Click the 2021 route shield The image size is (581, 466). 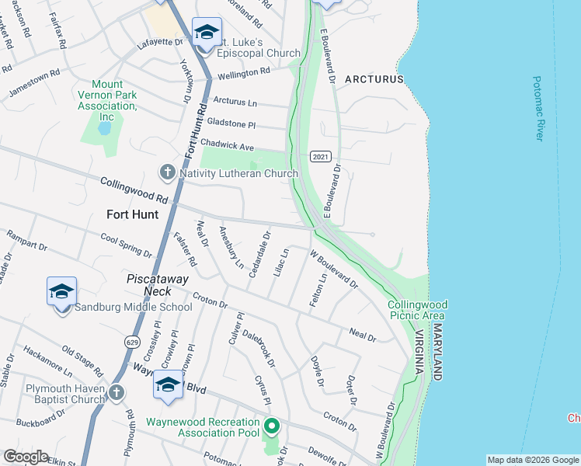click(321, 156)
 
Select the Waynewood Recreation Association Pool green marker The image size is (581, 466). click(271, 426)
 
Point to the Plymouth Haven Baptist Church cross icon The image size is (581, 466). click(117, 392)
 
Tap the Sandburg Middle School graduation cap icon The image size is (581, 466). click(61, 292)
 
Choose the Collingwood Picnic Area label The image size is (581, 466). click(417, 310)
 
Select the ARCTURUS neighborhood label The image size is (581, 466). click(374, 79)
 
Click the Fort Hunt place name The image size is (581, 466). click(132, 214)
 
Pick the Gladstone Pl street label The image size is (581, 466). click(231, 123)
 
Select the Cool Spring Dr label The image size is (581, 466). click(126, 246)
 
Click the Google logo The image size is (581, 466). click(26, 457)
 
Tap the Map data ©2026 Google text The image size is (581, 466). click(533, 460)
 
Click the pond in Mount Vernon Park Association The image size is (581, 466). click(105, 126)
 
